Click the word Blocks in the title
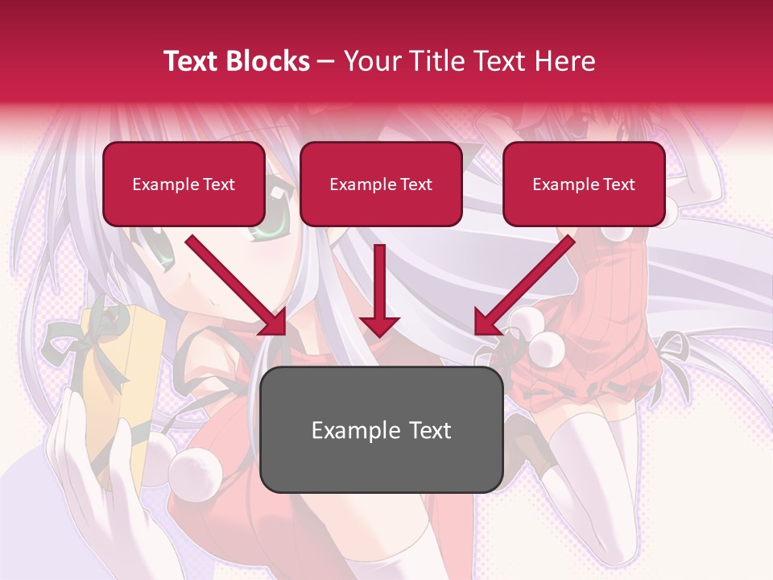(268, 61)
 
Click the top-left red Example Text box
(184, 184)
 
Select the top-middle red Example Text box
(381, 184)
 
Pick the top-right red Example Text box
(584, 184)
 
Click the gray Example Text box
(381, 430)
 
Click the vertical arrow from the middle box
(379, 290)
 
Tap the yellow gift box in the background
(121, 379)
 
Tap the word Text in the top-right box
(618, 184)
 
